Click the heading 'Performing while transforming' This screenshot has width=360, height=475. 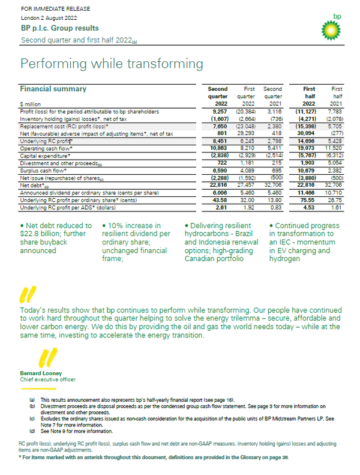point(112,64)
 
